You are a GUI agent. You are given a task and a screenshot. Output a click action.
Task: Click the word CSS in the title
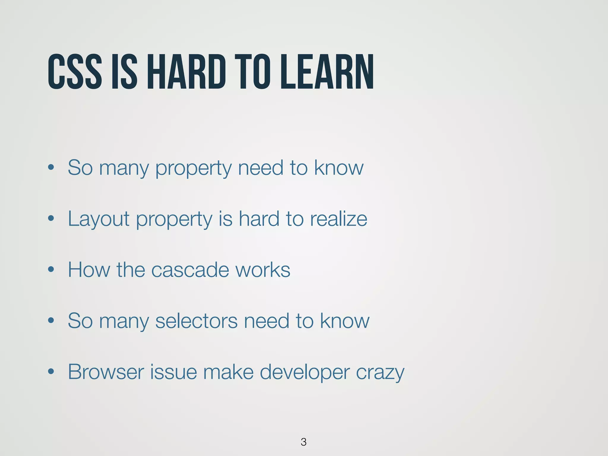click(75, 72)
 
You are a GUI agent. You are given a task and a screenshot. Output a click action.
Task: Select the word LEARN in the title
click(327, 72)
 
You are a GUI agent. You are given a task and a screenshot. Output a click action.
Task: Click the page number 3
click(303, 442)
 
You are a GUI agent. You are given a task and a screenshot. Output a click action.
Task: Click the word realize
click(338, 219)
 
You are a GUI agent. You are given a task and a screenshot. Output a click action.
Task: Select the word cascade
click(190, 270)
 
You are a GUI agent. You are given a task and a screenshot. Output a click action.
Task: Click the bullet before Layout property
click(51, 218)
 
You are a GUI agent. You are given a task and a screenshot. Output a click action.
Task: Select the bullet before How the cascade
click(51, 270)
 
